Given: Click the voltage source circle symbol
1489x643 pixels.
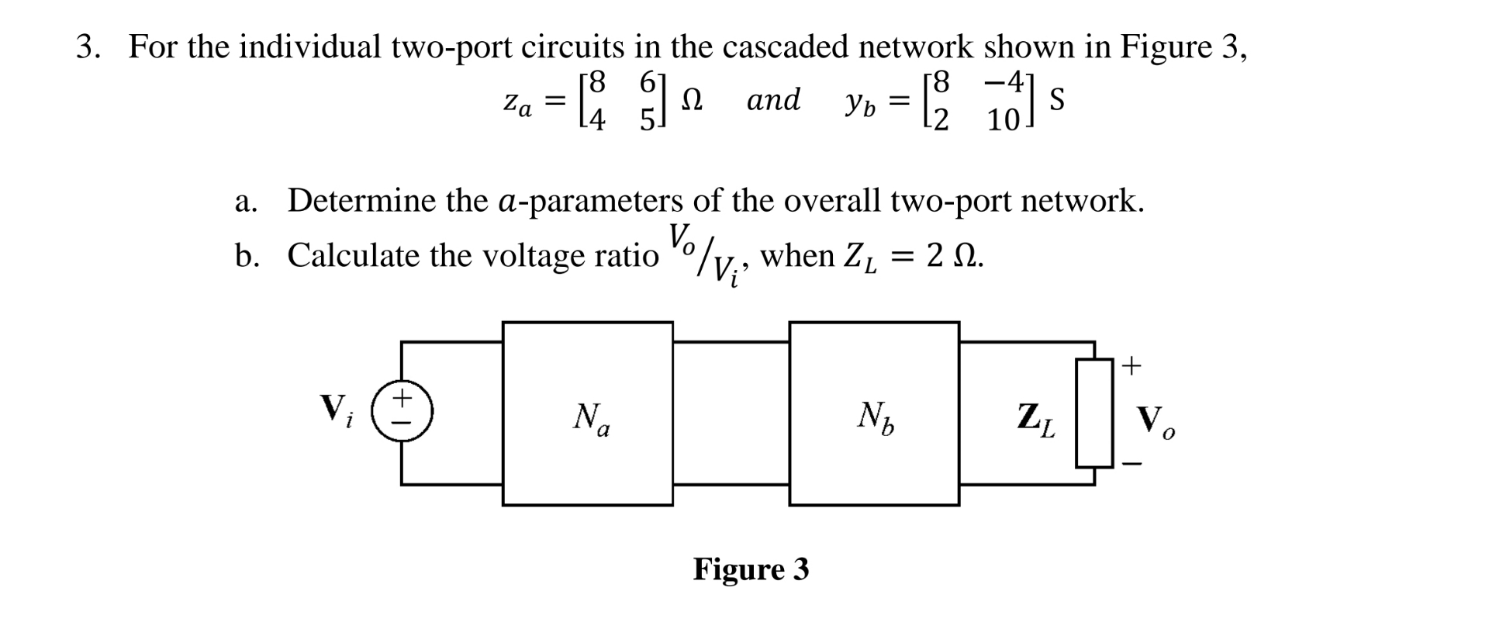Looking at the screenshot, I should pos(401,411).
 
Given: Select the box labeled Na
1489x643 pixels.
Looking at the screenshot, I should pos(588,414).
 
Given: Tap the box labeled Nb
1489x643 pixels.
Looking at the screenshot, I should pos(874,414).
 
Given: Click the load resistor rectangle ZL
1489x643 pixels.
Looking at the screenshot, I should pos(1094,413).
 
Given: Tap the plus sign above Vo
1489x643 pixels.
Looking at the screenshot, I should pos(1132,365).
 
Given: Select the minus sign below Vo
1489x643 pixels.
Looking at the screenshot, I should pos(1132,465).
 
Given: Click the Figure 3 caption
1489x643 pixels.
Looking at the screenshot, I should pos(751,569).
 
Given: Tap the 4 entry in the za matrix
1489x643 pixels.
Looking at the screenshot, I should pos(596,120).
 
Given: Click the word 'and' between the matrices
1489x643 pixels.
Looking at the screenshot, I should pos(773,100).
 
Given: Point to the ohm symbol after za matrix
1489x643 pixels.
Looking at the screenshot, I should pos(692,100).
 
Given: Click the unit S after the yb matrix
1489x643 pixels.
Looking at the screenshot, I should pos(1055,100).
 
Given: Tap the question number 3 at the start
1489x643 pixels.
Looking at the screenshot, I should pos(87,47).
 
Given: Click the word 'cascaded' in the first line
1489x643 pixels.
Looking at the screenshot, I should pos(786,47).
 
